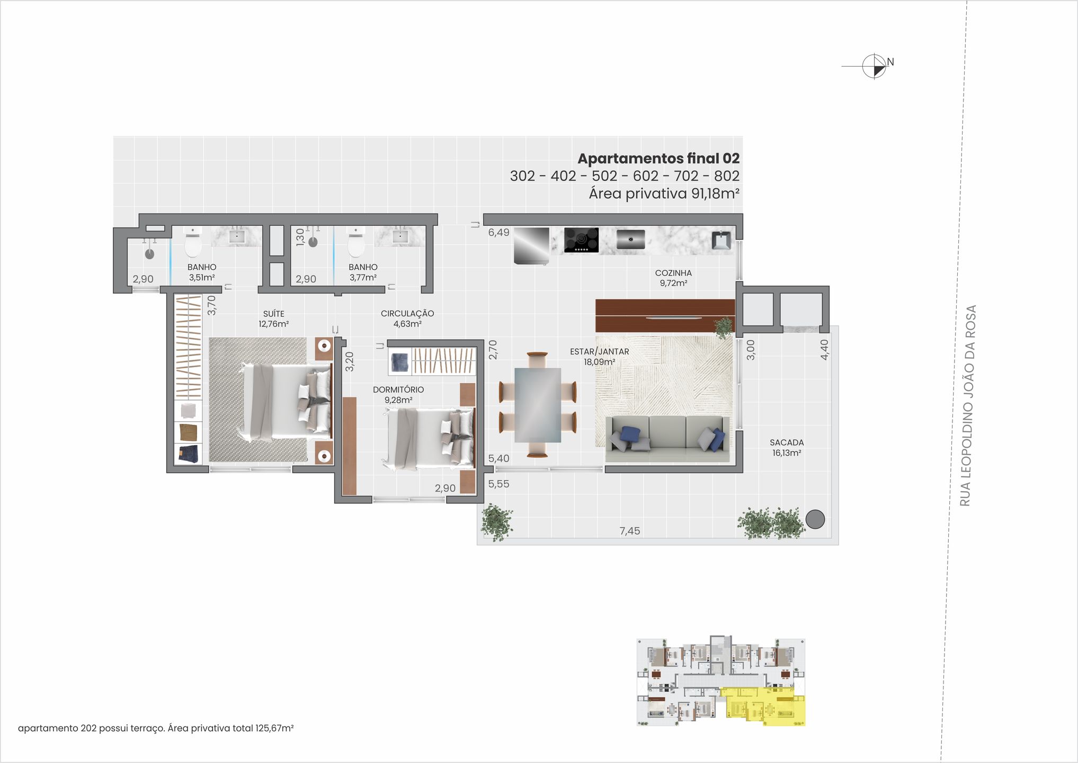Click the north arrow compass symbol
coord(874,66)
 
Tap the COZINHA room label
coord(673,278)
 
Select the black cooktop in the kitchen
coord(581,240)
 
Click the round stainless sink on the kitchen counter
coord(630,239)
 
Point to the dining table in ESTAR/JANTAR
coord(537,405)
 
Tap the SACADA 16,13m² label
coord(786,447)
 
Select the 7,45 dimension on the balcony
coord(629,531)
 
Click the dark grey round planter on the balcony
coord(815,519)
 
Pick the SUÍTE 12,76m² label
coord(273,318)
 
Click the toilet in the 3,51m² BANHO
coord(193,244)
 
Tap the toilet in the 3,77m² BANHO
coord(355,244)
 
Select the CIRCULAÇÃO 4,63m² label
coord(407,318)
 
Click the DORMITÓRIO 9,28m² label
coord(398,394)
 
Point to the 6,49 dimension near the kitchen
coord(498,233)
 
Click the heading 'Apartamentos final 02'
coord(658,158)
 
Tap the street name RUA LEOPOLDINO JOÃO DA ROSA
coord(967,405)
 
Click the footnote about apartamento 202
coord(156,728)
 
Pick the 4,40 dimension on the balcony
coord(824,350)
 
